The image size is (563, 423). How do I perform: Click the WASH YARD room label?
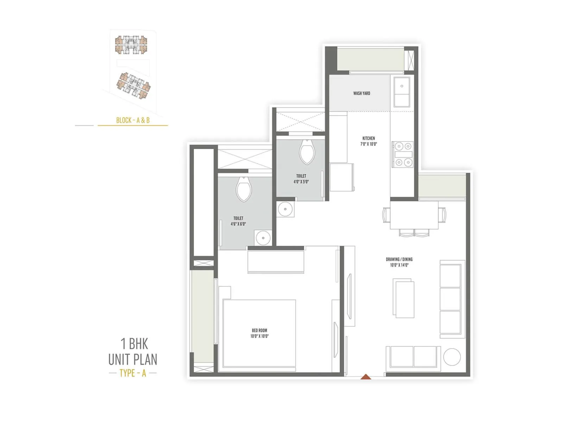(x=361, y=93)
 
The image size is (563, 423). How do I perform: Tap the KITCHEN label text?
(x=368, y=138)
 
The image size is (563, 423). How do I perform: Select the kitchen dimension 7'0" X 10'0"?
(x=368, y=144)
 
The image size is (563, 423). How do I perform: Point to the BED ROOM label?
(x=259, y=330)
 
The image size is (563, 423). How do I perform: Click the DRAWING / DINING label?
(x=399, y=259)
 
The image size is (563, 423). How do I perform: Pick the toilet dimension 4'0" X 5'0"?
(x=301, y=182)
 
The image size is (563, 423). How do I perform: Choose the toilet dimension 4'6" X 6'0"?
(x=238, y=224)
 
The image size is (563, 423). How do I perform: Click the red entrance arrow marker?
(x=366, y=376)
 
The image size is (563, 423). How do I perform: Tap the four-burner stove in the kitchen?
(x=403, y=154)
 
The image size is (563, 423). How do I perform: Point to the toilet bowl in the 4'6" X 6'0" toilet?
(x=243, y=190)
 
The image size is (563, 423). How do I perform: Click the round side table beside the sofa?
(x=452, y=357)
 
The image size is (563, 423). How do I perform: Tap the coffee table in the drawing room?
(x=404, y=299)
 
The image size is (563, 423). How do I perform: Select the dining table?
(x=414, y=215)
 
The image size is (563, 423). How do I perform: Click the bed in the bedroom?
(x=259, y=333)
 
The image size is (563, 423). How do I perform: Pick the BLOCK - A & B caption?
(x=133, y=120)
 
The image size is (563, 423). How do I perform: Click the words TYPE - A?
(x=133, y=373)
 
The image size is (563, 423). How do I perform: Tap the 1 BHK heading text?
(x=134, y=344)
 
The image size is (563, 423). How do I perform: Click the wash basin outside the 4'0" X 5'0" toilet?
(x=285, y=209)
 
